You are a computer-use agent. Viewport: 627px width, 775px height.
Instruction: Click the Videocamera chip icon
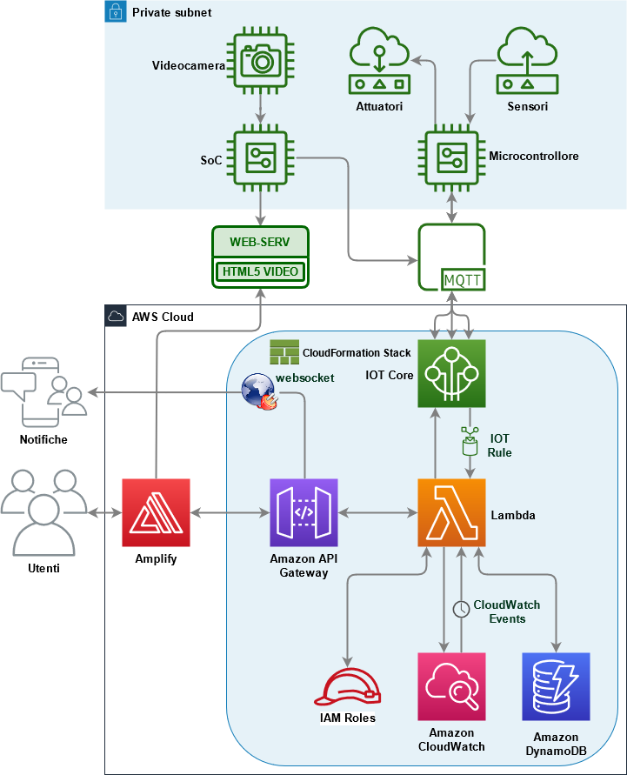[x=261, y=63]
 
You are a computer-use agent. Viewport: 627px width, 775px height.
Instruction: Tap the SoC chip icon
[x=261, y=159]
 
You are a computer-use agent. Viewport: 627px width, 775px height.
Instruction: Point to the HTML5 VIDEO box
[x=260, y=271]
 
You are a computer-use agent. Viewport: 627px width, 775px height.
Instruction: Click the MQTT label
[x=463, y=279]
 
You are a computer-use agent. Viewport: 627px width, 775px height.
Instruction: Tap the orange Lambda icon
[x=451, y=513]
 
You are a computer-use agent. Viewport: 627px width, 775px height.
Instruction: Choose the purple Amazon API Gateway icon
[x=303, y=513]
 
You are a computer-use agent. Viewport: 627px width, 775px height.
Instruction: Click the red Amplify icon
[x=156, y=513]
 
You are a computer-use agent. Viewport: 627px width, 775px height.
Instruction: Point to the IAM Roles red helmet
[x=347, y=686]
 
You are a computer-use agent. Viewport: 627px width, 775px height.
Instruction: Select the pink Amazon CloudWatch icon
[x=451, y=687]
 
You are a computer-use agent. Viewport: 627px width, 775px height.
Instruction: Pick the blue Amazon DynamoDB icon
[x=556, y=687]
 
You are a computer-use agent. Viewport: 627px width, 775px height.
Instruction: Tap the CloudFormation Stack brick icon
[x=283, y=352]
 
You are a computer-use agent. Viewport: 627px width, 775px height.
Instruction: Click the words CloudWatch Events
[x=506, y=611]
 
